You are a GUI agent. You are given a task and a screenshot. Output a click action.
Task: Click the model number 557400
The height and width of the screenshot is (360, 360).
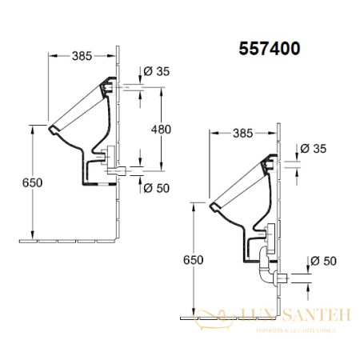[270, 49]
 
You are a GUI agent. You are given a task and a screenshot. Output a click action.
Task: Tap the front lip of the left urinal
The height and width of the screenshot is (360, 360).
[54, 128]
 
